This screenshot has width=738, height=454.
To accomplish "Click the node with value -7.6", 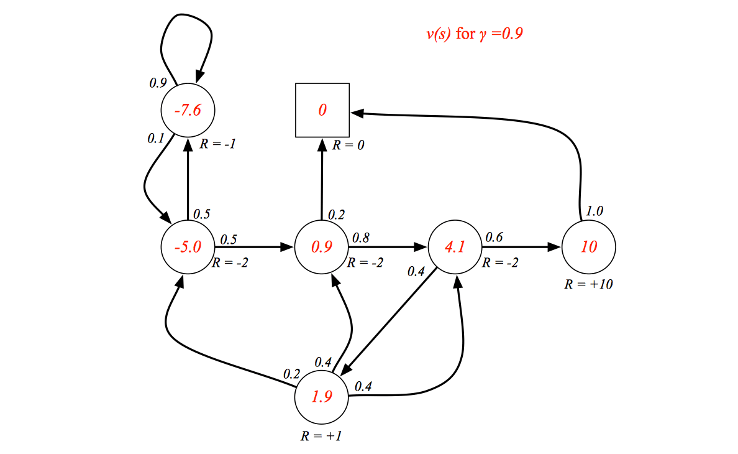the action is pos(188,110).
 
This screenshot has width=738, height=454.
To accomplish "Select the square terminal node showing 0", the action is pos(322,110).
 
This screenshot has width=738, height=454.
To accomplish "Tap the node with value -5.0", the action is pos(188,247).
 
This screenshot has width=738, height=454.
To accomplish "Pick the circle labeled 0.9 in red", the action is pos(321,247).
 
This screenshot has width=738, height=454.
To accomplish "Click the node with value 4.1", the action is pos(455,247).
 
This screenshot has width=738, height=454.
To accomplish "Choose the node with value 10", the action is pos(589,247).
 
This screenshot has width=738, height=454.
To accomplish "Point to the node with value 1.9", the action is pos(321,397).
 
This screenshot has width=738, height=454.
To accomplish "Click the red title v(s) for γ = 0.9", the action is pos(475,34).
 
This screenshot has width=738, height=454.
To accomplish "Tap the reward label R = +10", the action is pos(588,284).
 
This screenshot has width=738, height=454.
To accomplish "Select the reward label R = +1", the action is pos(321,436).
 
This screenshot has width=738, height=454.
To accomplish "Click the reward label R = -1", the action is pos(217,144).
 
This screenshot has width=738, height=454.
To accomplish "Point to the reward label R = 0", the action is pos(348,145).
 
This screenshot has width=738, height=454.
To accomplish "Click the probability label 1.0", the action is pos(594,211).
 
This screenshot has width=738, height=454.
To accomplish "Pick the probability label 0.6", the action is pos(494,237).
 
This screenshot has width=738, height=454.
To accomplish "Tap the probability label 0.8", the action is pos(360,238).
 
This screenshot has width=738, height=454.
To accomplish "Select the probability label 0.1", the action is pos(156,139).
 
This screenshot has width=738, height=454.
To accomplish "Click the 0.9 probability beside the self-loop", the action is pos(158,83).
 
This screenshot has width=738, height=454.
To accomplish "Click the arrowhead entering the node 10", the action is pos(555,247).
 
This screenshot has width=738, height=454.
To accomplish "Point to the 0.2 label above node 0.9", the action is pos(336,215).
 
